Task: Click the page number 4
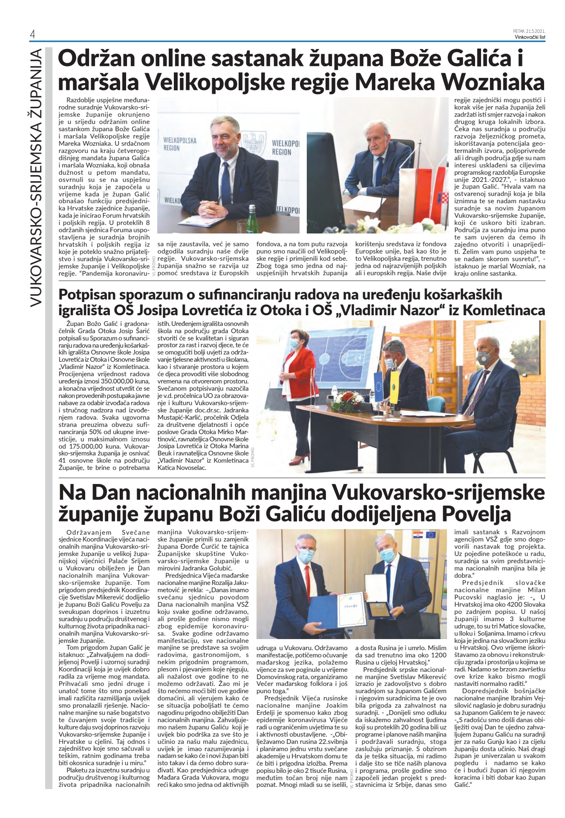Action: (32, 35)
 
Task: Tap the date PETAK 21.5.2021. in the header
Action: (529, 31)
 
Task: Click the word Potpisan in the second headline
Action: (86, 294)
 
